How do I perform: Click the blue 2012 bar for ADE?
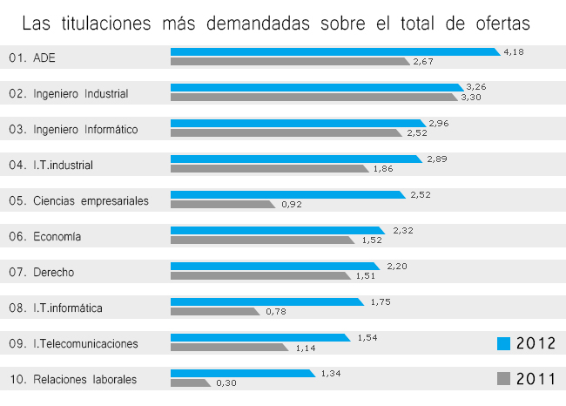[x=335, y=52]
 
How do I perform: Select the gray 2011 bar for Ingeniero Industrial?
[x=313, y=97]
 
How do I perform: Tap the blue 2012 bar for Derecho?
[x=275, y=266]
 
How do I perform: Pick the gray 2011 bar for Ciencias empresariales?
[x=223, y=204]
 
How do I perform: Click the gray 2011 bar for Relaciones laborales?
[x=190, y=382]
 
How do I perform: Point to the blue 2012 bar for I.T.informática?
[x=266, y=301]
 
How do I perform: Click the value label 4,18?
[x=514, y=52]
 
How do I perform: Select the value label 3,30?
[x=471, y=97]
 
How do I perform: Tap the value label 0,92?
[x=292, y=205]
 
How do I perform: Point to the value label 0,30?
[x=226, y=382]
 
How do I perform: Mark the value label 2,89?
[x=437, y=159]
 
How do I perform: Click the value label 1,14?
[x=306, y=348]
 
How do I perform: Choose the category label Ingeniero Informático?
[x=85, y=130]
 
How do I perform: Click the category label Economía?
[x=57, y=236]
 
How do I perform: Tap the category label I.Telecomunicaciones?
[x=85, y=343]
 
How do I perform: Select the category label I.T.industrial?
[x=63, y=165]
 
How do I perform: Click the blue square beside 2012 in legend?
[x=502, y=343]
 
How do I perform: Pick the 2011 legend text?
[x=536, y=378]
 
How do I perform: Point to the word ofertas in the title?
[x=499, y=23]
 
